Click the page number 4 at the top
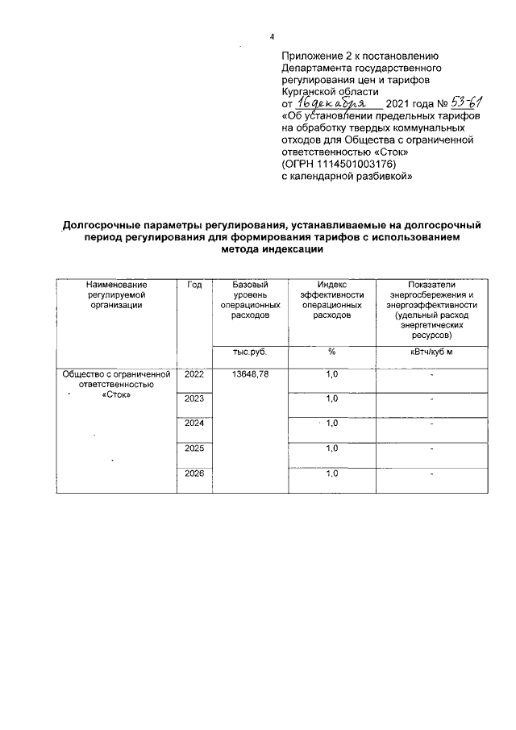pos(273,36)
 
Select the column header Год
pos(193,286)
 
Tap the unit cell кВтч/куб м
pos(432,352)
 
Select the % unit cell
pos(331,352)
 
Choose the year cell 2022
pos(194,375)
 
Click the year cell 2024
pos(194,423)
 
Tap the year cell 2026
pos(194,473)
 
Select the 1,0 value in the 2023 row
pos(331,399)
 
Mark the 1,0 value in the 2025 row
pos(331,448)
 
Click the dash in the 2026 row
pos(432,474)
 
